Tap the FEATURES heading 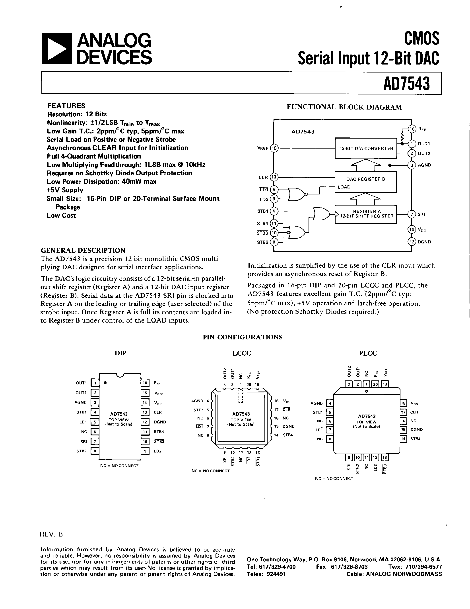(x=66, y=106)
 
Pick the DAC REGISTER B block (x=365, y=182)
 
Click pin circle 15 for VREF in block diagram (x=274, y=148)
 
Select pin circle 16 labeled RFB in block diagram (x=412, y=129)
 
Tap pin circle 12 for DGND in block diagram (x=412, y=242)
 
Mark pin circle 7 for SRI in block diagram (x=412, y=214)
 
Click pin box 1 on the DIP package (x=95, y=383)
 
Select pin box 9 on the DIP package (x=145, y=451)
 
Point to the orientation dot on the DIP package (x=105, y=383)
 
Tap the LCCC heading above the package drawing (x=242, y=353)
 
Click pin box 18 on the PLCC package (x=403, y=403)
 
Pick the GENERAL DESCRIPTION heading (x=83, y=250)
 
